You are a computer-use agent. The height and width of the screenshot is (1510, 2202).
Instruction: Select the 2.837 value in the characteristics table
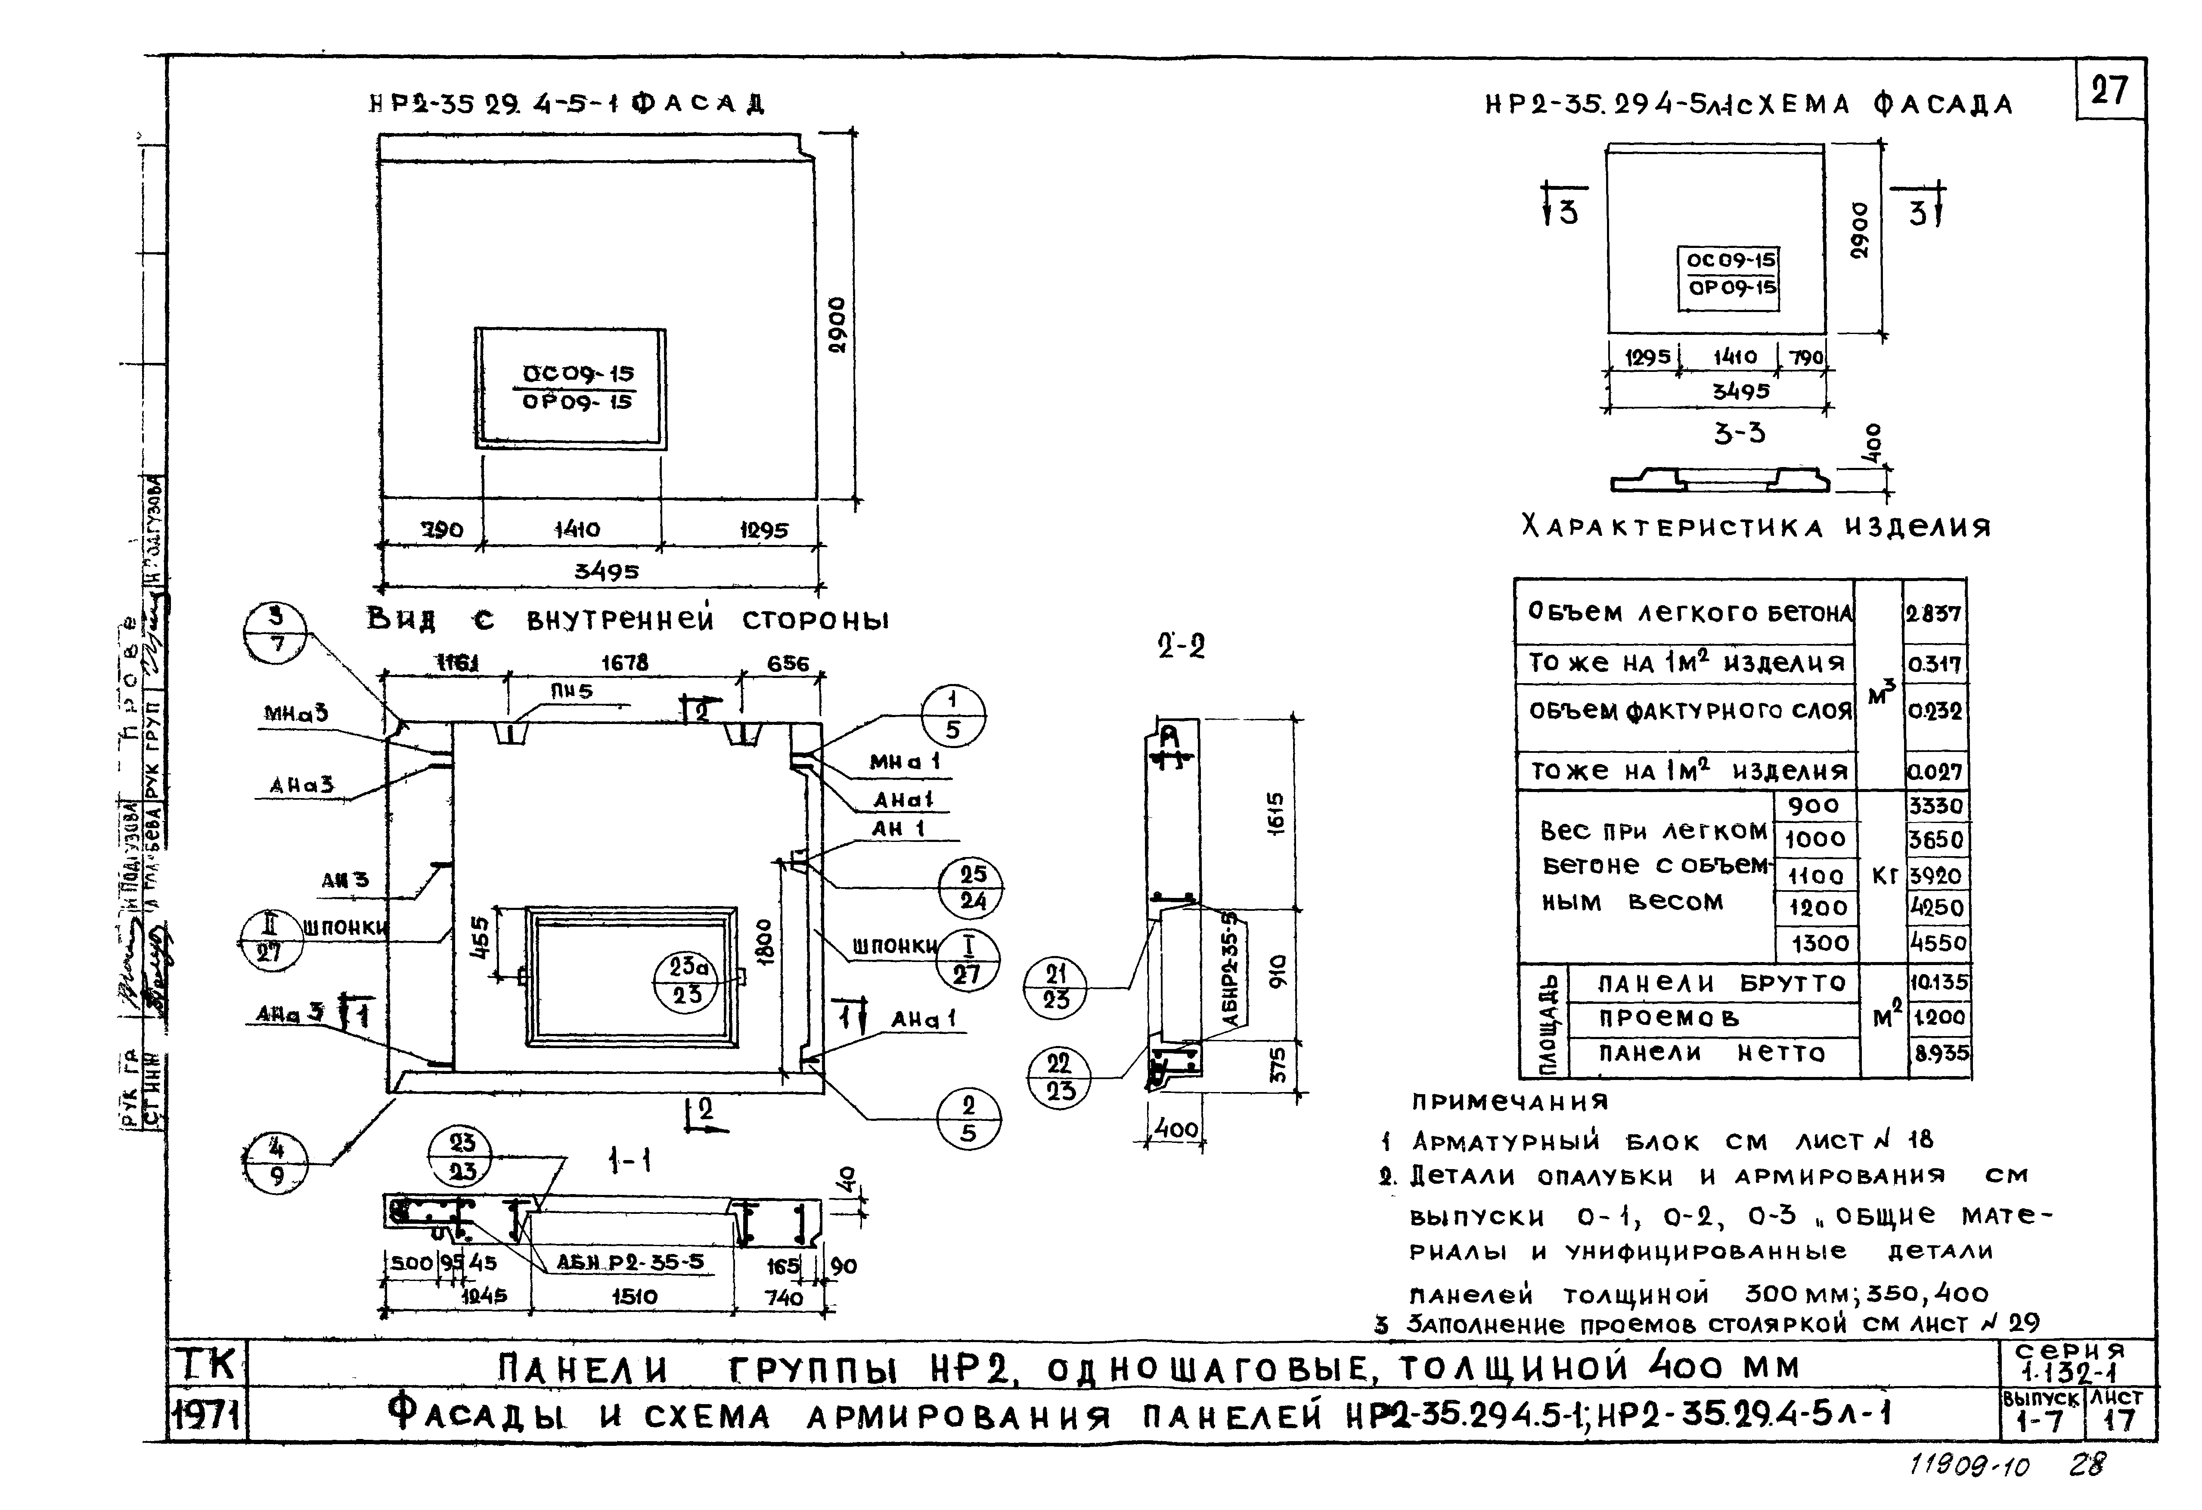pos(1934,613)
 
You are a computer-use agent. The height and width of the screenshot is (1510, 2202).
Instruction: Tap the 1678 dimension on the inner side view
pos(624,663)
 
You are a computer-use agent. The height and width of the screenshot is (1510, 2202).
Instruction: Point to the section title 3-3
pos(1739,434)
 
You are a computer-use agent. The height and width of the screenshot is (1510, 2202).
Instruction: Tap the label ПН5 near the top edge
pos(571,692)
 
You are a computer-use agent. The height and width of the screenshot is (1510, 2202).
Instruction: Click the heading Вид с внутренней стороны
pos(627,620)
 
